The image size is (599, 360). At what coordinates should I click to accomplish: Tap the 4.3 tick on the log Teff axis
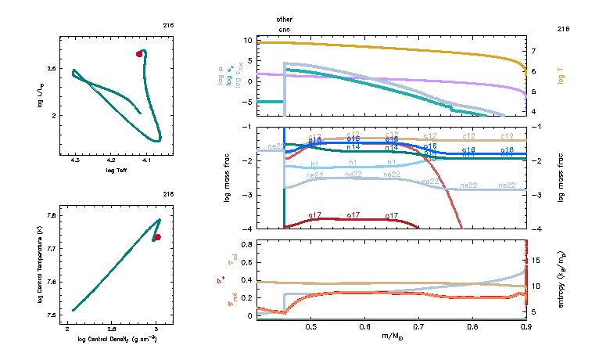pyautogui.click(x=75, y=160)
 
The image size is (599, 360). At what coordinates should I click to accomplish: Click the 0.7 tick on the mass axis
pyautogui.click(x=419, y=326)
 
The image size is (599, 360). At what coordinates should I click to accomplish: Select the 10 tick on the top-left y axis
pyautogui.click(x=247, y=39)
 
